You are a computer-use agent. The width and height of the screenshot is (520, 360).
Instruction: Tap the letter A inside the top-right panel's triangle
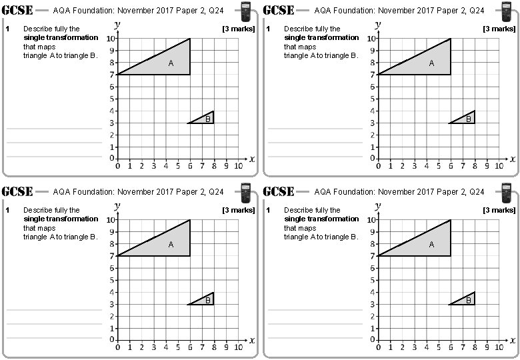(431, 63)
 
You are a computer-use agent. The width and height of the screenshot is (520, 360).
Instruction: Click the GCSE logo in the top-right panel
(279, 10)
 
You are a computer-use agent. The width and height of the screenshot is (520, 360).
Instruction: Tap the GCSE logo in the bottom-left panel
(18, 191)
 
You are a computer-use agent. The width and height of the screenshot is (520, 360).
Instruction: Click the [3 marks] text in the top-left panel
(238, 29)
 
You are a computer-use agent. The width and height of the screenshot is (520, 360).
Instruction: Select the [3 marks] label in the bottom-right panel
(499, 210)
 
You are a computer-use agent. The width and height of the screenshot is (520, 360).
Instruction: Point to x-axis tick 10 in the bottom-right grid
(499, 347)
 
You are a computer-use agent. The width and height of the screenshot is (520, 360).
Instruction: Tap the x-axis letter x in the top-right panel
(513, 159)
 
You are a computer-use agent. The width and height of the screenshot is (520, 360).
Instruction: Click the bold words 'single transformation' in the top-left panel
(61, 37)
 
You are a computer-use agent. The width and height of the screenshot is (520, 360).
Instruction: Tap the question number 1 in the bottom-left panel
(7, 210)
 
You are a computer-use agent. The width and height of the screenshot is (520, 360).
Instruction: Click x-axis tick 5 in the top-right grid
(438, 166)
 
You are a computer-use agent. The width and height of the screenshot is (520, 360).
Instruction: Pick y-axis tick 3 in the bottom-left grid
(111, 304)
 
